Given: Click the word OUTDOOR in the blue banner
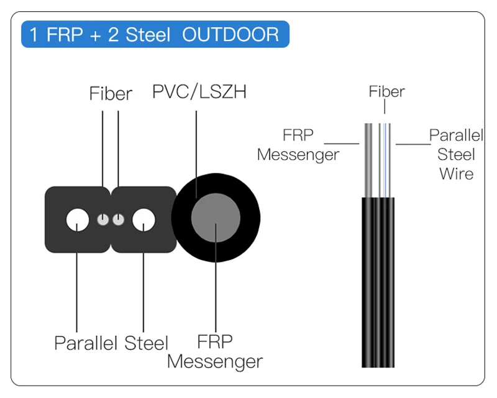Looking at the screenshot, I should [x=230, y=34].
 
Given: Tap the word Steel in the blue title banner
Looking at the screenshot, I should [x=148, y=34].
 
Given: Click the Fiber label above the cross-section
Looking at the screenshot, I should [x=111, y=94].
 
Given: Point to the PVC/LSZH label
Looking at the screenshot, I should [x=199, y=92].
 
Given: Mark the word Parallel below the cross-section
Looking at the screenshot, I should [x=86, y=343].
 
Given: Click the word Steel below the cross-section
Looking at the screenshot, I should [x=146, y=343].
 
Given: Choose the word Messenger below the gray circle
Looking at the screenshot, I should [x=215, y=361].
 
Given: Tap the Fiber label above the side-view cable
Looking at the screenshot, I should [x=386, y=91].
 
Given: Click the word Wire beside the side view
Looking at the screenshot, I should [x=456, y=174].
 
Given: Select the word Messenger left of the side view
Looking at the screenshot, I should [x=298, y=154].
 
